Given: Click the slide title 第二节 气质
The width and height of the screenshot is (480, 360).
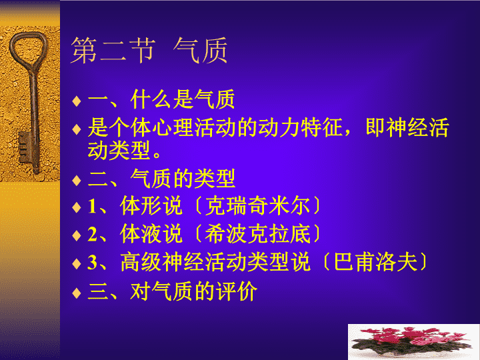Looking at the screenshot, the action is [149, 50].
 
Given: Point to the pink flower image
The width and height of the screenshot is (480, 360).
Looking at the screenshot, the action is [413, 342].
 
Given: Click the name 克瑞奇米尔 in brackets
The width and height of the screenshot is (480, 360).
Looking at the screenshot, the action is [257, 205].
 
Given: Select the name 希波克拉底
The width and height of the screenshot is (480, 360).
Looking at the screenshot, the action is [257, 234].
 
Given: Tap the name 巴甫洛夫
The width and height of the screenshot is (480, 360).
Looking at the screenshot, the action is [375, 262].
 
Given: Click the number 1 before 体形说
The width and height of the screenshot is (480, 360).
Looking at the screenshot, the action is [92, 206].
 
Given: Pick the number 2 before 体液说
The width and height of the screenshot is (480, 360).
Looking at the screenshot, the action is [93, 234].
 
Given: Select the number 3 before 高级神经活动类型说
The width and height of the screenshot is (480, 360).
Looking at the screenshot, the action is [93, 263].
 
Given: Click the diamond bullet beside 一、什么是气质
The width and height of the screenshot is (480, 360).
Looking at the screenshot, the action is [77, 101].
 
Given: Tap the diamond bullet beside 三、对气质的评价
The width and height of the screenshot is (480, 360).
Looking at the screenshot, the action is [77, 293].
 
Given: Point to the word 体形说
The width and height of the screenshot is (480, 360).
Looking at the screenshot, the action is [151, 205].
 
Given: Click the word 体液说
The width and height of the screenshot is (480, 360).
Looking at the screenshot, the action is [151, 234].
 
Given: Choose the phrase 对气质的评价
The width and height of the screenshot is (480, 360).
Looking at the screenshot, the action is [194, 291].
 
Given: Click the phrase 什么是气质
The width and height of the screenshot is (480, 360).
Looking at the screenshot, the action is [183, 99].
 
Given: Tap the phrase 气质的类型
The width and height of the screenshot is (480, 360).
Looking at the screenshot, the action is [183, 179].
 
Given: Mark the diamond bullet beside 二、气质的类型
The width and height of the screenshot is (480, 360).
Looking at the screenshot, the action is [77, 180].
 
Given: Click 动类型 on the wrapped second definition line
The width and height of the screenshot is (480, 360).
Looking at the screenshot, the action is [119, 150].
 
